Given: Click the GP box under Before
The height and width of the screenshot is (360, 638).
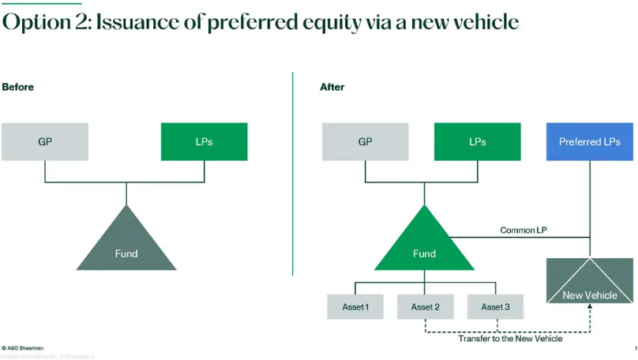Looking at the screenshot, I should pos(44,142).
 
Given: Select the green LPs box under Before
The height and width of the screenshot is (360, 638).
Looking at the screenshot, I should pos(204,142).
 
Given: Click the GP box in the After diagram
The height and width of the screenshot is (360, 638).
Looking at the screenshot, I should pos(365,142).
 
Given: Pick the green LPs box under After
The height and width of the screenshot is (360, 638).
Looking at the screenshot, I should pos(477,142).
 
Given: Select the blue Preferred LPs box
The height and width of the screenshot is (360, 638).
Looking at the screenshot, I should pos(589,142).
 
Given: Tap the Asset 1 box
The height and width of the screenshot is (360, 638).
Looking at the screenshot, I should pos(355,306).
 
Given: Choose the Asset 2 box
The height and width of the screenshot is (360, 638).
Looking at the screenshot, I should pos(425,306).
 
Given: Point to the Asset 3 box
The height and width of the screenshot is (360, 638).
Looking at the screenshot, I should pos(495,306).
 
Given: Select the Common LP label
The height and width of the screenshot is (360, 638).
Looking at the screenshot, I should pos(524,231).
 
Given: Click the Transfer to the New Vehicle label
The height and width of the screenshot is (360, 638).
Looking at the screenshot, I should pos(510,339).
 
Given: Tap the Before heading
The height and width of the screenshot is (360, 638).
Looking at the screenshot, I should pos(17,87).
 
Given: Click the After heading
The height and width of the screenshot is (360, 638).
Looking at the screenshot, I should pos(332,87).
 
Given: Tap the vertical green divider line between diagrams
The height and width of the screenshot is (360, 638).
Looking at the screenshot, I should pos(293,174).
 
